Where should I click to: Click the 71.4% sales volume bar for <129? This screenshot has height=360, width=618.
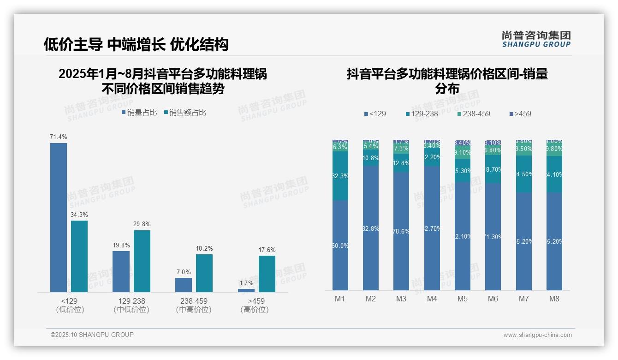point(59,217)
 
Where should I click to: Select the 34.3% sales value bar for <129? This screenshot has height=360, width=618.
point(79,256)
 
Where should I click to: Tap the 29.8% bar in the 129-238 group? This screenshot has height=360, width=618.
point(142,261)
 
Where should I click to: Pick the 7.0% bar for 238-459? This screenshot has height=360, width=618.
point(184,285)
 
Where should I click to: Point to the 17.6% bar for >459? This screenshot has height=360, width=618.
point(267,274)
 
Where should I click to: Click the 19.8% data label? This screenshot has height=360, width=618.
point(121,246)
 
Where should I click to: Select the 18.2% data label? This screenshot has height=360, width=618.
point(204,249)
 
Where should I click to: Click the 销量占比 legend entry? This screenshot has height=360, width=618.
point(139,113)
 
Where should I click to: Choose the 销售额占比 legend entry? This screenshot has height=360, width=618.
point(185,113)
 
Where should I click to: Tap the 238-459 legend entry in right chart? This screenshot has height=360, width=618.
point(474,114)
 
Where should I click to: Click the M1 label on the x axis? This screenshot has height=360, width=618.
point(340,299)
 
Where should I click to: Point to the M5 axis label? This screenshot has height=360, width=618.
point(463,299)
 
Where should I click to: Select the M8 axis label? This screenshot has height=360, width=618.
point(554,299)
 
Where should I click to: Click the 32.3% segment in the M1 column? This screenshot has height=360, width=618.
point(340,176)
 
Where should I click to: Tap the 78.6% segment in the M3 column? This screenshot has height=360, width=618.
point(401,231)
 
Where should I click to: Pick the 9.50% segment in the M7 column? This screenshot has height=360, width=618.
point(524,149)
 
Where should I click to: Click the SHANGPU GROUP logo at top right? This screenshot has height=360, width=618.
point(536,39)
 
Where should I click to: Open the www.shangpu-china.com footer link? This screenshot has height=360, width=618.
point(537,335)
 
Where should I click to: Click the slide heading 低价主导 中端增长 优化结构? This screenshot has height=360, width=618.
point(136,44)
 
